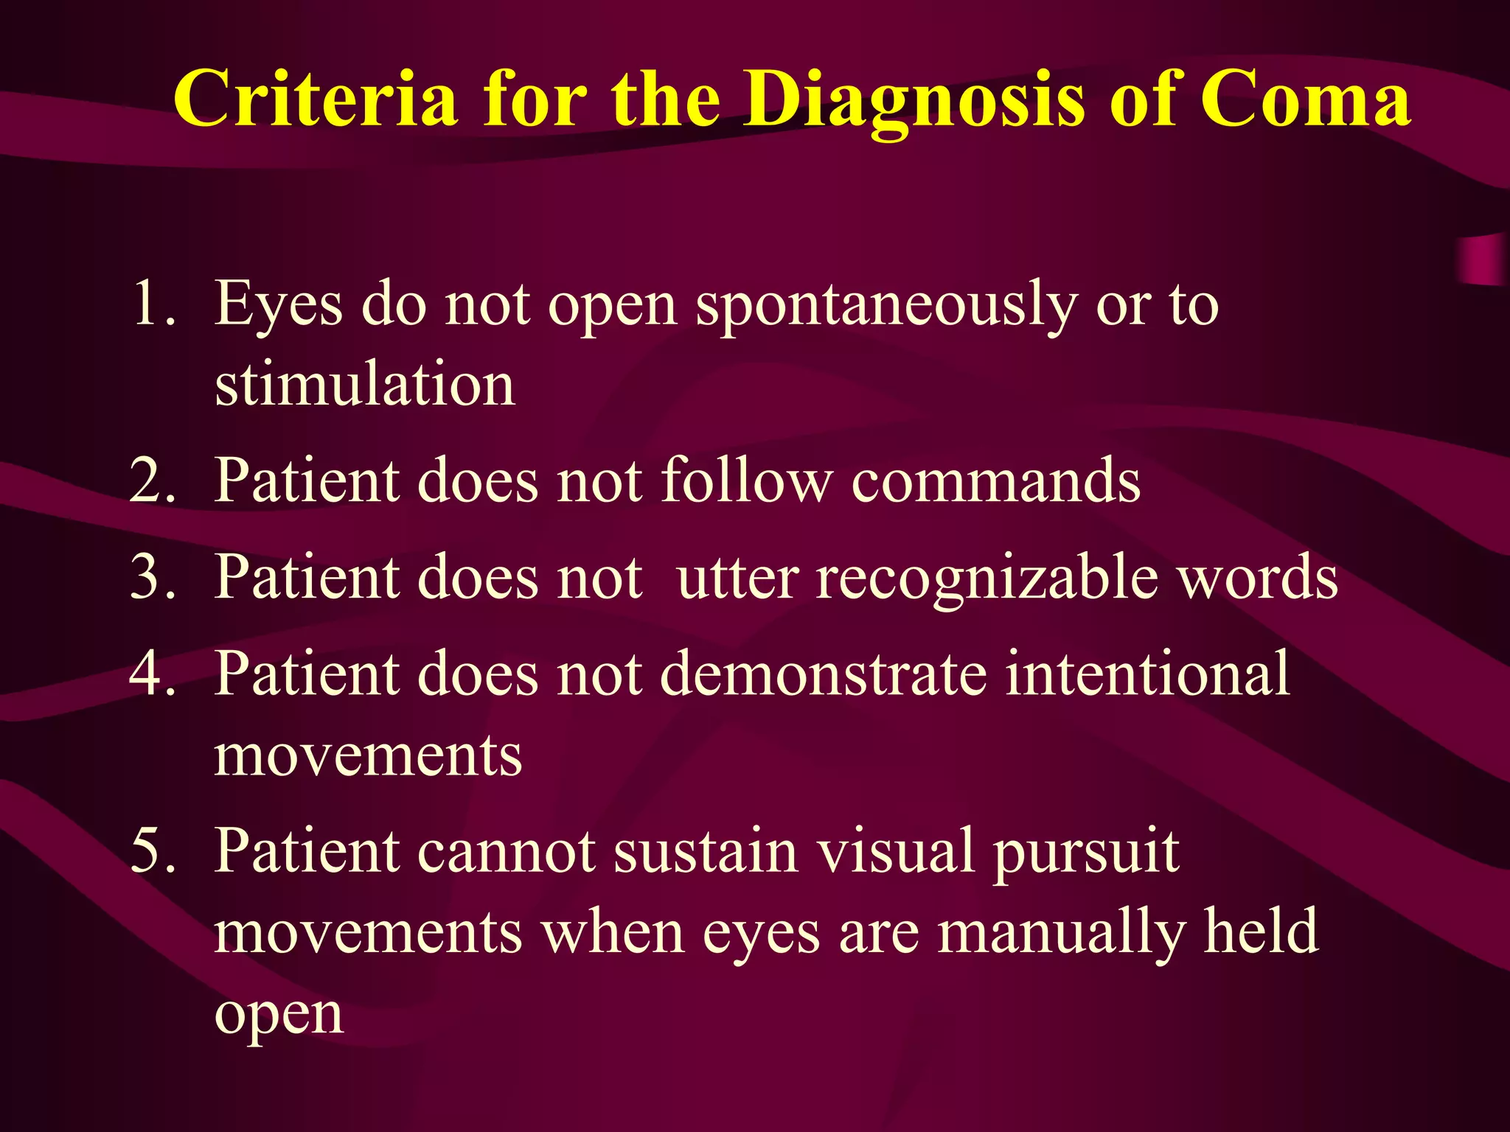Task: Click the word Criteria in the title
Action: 315,99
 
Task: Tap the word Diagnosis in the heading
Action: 913,99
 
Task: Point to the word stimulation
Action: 364,385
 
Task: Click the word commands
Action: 995,481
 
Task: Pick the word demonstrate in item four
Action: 823,674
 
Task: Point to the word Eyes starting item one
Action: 278,304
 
